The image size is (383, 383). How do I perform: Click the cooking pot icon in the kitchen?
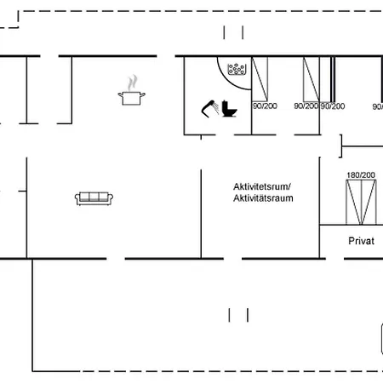[x=132, y=98]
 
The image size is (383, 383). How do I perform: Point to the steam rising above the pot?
[x=133, y=83]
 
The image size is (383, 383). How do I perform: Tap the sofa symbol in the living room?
[x=94, y=198]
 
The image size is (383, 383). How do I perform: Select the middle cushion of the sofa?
[x=94, y=197]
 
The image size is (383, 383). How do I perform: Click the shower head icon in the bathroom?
[x=210, y=109]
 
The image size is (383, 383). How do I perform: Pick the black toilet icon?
[x=229, y=109]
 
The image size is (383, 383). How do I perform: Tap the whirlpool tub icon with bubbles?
[x=237, y=69]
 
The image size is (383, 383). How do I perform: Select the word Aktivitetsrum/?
[x=262, y=186]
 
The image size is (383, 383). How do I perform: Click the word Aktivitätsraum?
[x=263, y=198]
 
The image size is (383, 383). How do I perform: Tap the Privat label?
[x=361, y=241]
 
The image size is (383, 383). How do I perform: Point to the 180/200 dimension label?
[x=361, y=175]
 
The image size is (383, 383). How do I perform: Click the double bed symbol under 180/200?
[x=361, y=202]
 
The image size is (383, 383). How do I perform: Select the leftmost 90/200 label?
[x=265, y=106]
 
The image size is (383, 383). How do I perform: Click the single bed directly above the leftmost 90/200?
[x=260, y=79]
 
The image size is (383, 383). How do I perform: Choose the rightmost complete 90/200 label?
[x=333, y=106]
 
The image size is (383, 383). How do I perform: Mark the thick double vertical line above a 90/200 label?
[x=333, y=79]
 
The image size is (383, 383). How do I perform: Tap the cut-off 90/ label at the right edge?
[x=378, y=106]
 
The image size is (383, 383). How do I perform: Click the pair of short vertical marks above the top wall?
[x=233, y=32]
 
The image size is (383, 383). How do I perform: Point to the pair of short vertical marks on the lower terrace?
[x=238, y=315]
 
